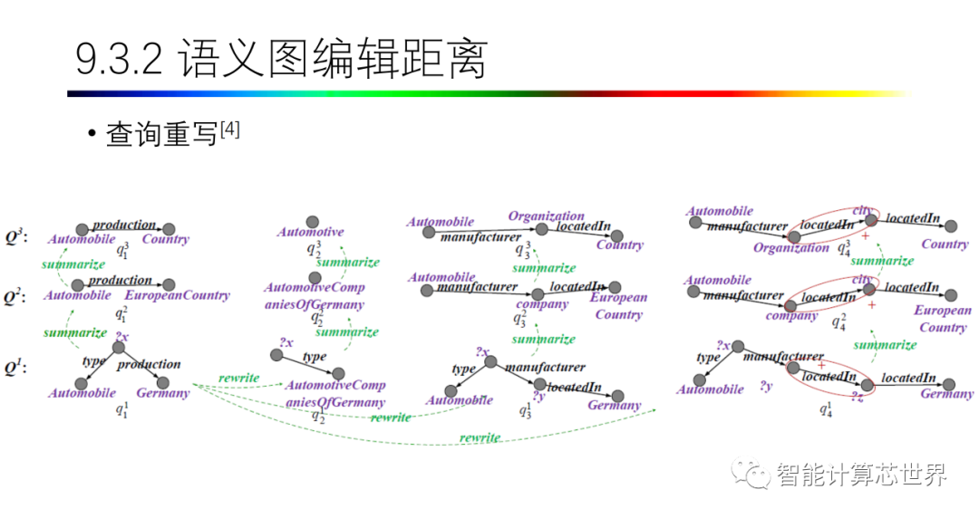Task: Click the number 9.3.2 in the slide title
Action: click(x=119, y=61)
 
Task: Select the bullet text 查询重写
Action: click(x=162, y=135)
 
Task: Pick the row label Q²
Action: click(x=15, y=296)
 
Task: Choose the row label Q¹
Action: click(x=15, y=368)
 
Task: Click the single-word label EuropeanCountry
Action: click(x=178, y=295)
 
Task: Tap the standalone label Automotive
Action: click(x=311, y=233)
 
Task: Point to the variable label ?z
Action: click(x=857, y=397)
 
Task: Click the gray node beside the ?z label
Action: click(x=868, y=385)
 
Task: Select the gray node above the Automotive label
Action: click(x=313, y=220)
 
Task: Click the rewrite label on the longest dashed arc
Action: click(x=480, y=437)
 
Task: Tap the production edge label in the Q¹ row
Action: click(x=149, y=364)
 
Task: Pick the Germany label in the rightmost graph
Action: click(x=946, y=394)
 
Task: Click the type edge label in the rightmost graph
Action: click(x=708, y=358)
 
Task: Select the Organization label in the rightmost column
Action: click(x=791, y=248)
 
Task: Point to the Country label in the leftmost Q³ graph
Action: click(x=166, y=240)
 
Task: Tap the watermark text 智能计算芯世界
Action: click(x=861, y=474)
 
